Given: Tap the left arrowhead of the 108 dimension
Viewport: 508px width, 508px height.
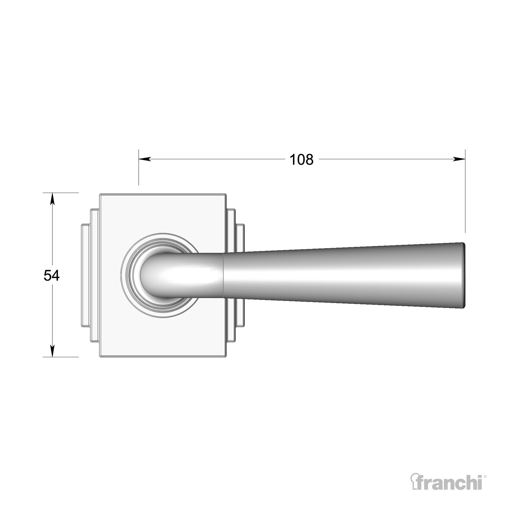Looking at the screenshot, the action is pos(145,159).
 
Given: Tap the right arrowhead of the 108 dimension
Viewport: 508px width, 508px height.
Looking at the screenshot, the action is pos(459,159).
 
